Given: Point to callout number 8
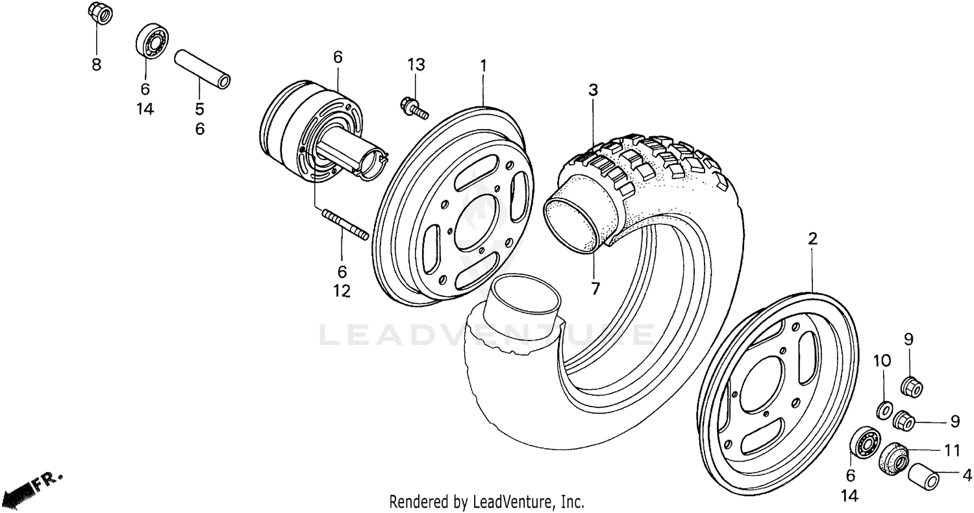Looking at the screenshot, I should (96, 65).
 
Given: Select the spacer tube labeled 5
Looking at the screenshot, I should (203, 68).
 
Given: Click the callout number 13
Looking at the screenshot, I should (416, 64).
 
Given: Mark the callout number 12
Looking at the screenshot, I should (342, 292).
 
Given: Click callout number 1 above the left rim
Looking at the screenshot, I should (483, 65).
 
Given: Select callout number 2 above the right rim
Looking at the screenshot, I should (812, 239).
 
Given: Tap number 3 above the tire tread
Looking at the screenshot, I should (593, 90).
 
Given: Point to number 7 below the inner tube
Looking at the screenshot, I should (595, 288).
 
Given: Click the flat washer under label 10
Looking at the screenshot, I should (883, 410).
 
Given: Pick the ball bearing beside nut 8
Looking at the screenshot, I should (152, 43).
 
